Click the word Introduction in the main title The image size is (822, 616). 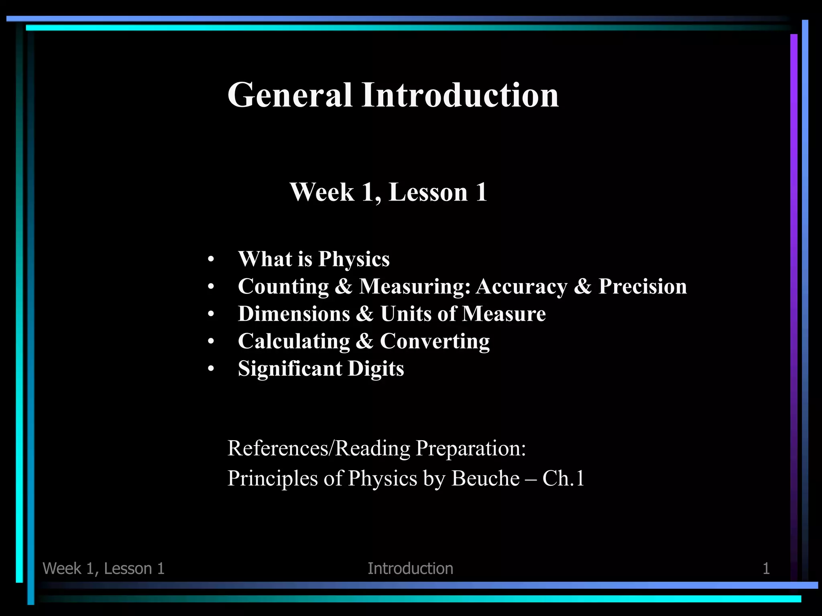coord(460,95)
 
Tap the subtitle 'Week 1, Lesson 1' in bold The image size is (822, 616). coord(389,192)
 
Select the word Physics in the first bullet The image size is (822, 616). coord(354,259)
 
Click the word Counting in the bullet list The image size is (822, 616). coord(283,287)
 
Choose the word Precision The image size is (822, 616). coord(643,287)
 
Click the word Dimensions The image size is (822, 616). coord(294,314)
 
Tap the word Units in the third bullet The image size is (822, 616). coord(406,314)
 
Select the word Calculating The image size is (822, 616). coord(294,342)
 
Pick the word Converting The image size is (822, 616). coord(435,342)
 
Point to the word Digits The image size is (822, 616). coord(376,369)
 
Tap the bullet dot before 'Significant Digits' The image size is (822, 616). coord(211,369)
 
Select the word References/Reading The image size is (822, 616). coord(319,448)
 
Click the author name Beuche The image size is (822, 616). coord(485,478)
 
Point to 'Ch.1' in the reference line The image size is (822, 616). coord(563,478)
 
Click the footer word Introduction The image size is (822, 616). coord(410,569)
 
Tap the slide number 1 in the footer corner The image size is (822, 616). coord(766,569)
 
